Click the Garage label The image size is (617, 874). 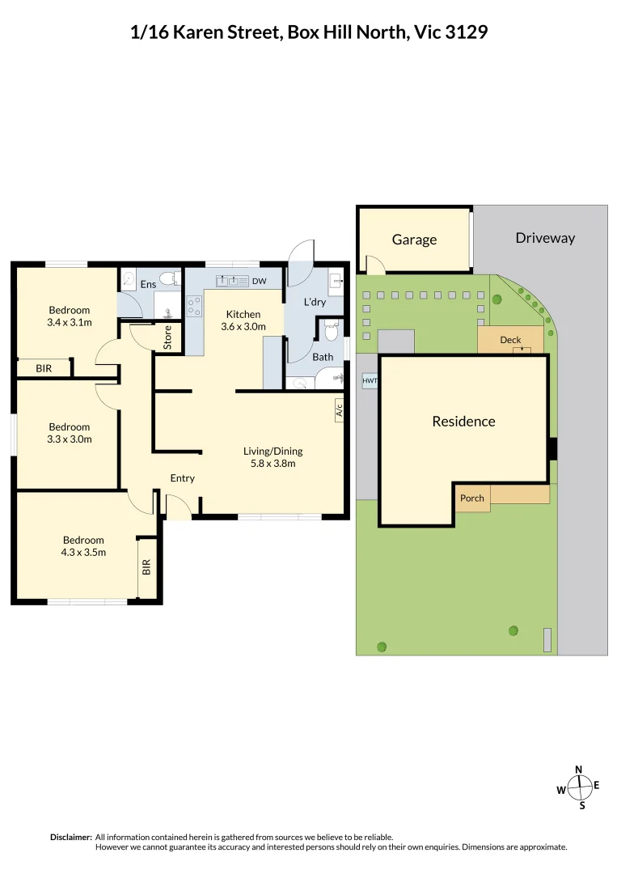[x=414, y=240]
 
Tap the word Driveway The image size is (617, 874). [x=545, y=238]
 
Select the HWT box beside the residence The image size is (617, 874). [x=370, y=380]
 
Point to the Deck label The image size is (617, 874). [x=510, y=340]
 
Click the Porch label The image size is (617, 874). [x=471, y=498]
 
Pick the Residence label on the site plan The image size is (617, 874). [x=463, y=421]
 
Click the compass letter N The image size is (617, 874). [x=578, y=770]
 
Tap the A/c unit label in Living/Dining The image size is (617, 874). [x=339, y=410]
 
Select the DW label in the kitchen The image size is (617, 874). [x=259, y=282]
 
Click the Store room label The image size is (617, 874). [x=168, y=337]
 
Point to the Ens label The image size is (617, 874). [x=148, y=284]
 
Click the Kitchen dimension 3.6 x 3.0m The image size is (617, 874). [x=243, y=327]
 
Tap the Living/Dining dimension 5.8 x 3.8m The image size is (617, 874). [x=273, y=464]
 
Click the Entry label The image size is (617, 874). [x=182, y=478]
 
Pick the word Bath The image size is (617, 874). [x=323, y=357]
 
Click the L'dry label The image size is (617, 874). [x=315, y=302]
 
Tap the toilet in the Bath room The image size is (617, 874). [x=330, y=333]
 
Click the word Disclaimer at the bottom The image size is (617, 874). [x=71, y=837]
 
